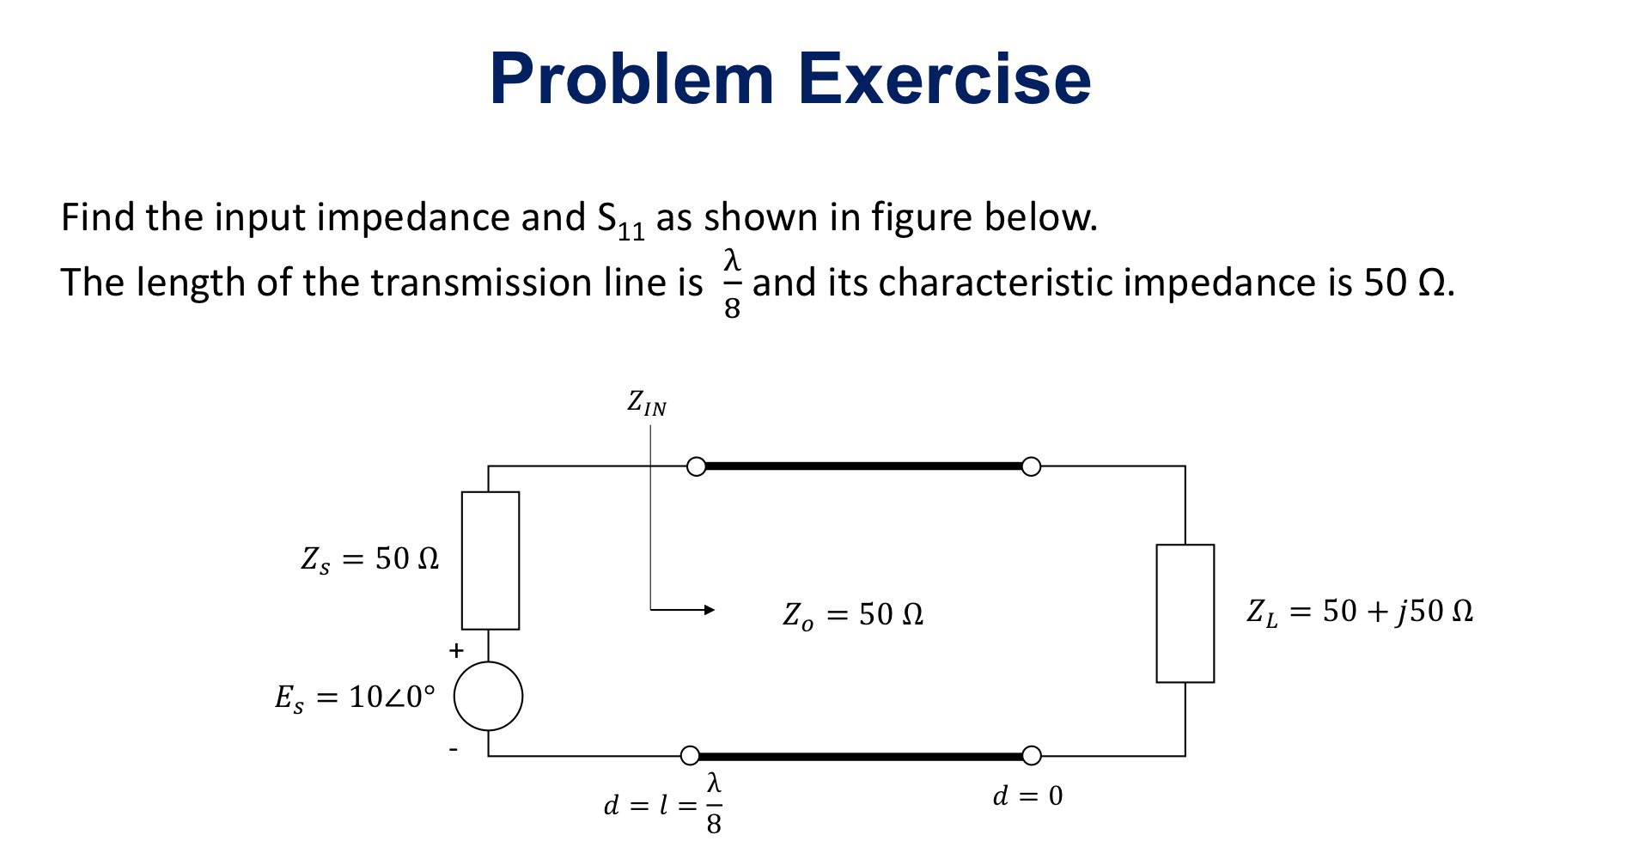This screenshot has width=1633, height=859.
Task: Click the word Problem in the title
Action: click(x=632, y=80)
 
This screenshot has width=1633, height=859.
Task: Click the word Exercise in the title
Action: click(x=944, y=80)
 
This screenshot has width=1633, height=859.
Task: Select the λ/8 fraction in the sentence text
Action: click(x=732, y=283)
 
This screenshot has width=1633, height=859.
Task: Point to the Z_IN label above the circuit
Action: click(x=647, y=403)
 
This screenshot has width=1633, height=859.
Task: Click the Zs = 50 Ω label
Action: click(x=370, y=560)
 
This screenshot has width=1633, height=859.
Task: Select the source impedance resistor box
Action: click(x=491, y=560)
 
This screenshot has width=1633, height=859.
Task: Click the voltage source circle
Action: click(x=488, y=696)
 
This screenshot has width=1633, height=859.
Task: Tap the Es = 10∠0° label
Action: click(x=355, y=698)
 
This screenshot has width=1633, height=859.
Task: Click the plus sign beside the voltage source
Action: click(x=456, y=651)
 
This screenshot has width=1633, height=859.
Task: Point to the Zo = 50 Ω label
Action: click(x=853, y=615)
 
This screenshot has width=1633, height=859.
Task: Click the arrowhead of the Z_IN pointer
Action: click(x=709, y=610)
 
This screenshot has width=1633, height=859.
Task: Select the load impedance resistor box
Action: click(x=1185, y=613)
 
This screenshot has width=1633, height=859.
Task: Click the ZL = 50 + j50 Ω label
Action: click(x=1360, y=612)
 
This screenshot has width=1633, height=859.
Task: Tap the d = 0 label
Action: click(x=1027, y=796)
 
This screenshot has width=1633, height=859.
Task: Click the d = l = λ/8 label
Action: click(x=663, y=805)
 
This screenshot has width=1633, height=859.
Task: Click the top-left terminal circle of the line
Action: click(x=697, y=466)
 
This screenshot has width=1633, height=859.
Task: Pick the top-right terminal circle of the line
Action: click(x=1031, y=466)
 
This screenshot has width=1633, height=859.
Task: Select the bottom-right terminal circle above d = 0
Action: click(x=1031, y=756)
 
